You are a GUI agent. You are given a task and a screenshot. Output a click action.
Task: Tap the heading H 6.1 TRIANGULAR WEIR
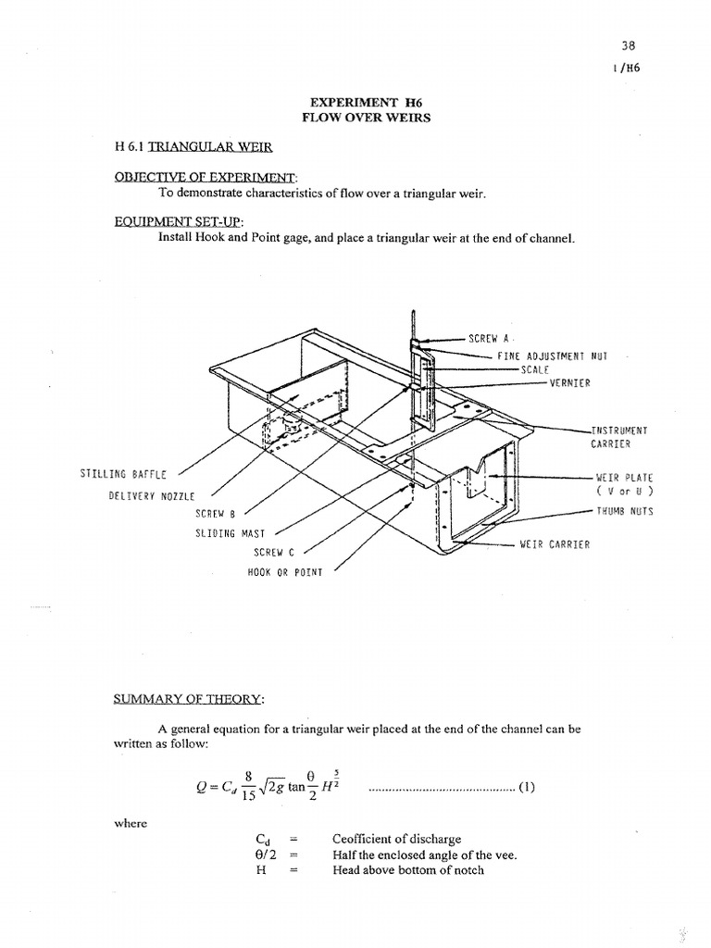click(193, 146)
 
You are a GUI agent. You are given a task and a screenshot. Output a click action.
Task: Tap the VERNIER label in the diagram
click(573, 383)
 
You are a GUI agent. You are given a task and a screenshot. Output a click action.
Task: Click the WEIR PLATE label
click(625, 477)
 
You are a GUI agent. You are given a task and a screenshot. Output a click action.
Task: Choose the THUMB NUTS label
click(625, 510)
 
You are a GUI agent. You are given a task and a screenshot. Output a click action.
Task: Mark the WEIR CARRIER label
click(555, 545)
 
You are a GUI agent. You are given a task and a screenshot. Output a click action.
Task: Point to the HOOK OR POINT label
click(285, 572)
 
